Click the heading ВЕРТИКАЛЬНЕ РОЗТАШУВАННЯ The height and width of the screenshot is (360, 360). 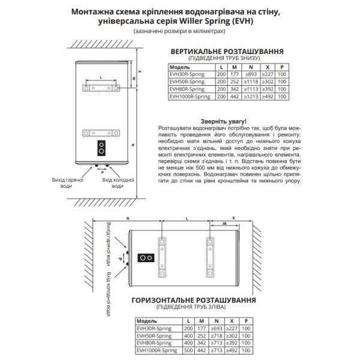click(227, 52)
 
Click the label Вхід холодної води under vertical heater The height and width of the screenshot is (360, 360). click(118, 182)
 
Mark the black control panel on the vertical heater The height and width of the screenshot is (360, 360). click(102, 148)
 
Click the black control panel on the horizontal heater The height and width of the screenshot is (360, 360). click(145, 258)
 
